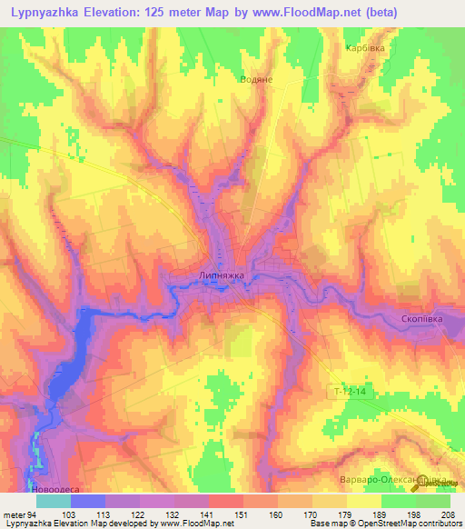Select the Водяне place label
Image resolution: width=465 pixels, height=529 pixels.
pyautogui.click(x=256, y=79)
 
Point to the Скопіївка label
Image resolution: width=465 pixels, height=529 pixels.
pyautogui.click(x=422, y=319)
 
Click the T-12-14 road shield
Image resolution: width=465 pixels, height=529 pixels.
pyautogui.click(x=350, y=390)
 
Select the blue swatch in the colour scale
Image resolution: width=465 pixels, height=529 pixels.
pyautogui.click(x=88, y=501)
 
